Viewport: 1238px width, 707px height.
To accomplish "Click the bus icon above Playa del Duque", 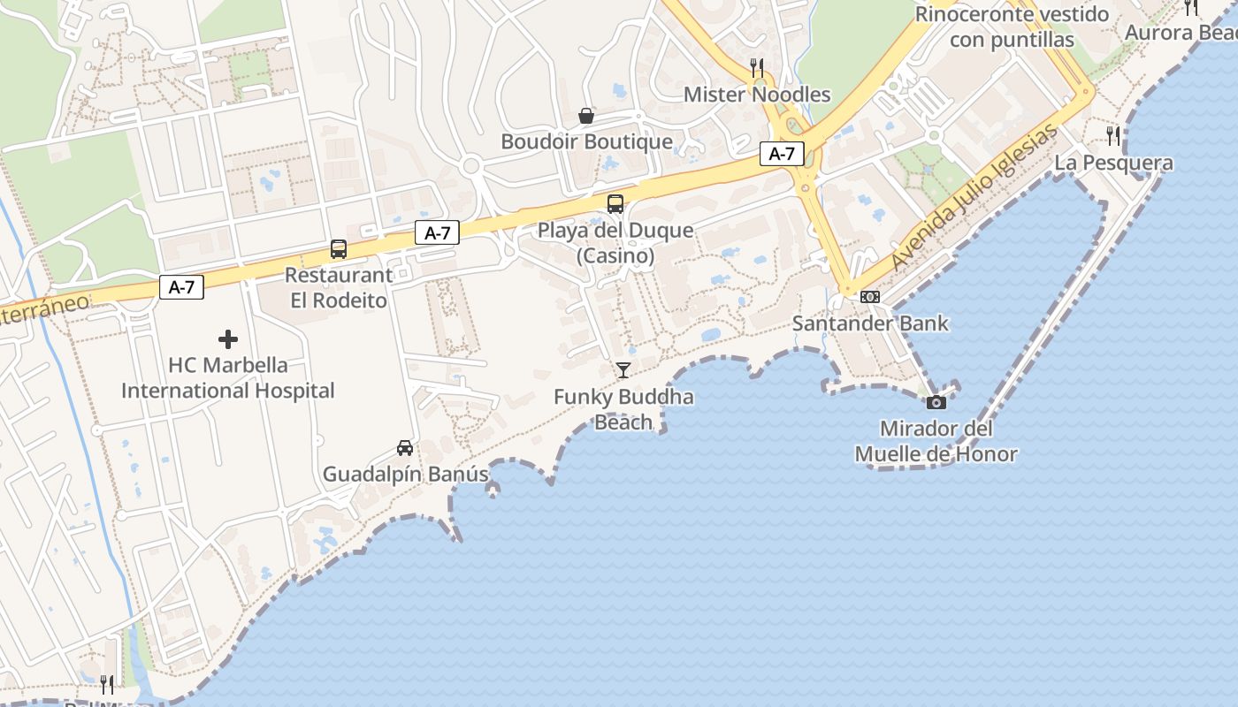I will pos(615,204).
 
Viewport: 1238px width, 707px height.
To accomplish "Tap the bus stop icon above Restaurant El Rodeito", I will pos(339,249).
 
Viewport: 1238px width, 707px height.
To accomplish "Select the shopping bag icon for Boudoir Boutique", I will pos(585,116).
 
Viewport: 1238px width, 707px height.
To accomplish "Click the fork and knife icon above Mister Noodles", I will pos(757,68).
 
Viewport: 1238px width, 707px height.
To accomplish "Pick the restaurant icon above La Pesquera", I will pos(1113,136).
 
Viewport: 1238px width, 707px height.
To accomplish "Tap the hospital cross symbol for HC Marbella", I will pos(228,339).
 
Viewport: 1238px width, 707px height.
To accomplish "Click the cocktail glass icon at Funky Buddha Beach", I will pos(623,370).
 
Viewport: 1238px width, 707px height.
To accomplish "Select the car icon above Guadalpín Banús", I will pos(405,448).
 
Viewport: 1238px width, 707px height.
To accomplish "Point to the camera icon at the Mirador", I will pos(936,403).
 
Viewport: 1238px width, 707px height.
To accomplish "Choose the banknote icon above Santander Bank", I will pos(870,297).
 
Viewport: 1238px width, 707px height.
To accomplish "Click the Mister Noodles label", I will pos(757,95).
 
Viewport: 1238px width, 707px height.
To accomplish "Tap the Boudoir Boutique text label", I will pos(586,141).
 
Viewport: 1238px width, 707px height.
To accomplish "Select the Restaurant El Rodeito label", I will pos(339,288).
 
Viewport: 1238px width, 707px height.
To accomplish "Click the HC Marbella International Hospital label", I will pos(228,378).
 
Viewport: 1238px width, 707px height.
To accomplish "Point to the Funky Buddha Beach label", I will pos(623,409).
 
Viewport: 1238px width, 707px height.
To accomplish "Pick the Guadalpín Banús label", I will pos(405,475).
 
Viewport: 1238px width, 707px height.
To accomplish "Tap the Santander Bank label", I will pos(870,323).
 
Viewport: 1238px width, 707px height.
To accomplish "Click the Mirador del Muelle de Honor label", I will pos(936,442).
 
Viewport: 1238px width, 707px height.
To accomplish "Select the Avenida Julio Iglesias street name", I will pos(974,198).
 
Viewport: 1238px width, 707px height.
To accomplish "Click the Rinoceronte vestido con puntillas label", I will pos(1012,27).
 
